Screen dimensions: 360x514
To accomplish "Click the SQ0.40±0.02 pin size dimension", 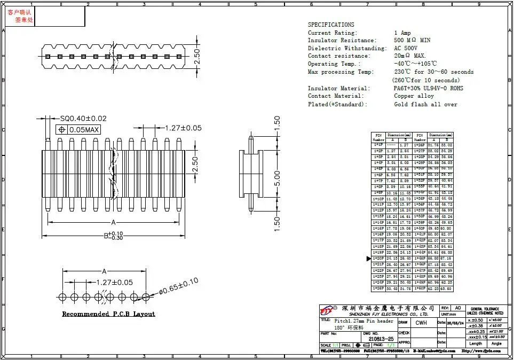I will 83,118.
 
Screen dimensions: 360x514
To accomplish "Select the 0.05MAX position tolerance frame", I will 78,129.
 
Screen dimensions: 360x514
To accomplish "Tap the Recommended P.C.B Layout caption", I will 108,314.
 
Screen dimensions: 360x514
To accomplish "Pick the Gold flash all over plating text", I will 425,104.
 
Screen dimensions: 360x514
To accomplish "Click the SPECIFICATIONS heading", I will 331,25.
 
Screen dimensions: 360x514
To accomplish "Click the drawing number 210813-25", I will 381,339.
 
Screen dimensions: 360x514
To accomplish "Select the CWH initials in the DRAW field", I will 421,323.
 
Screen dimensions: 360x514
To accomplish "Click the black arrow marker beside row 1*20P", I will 368,259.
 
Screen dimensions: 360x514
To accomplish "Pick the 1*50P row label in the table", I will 420,288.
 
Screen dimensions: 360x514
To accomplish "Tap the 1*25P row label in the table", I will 378,288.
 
